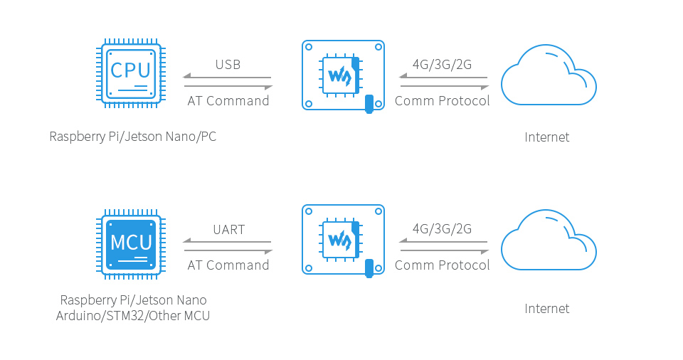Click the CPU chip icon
point(131,74)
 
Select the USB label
point(228,65)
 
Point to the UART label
point(228,230)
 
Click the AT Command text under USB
point(228,101)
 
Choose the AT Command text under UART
point(228,265)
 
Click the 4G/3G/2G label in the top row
point(442,65)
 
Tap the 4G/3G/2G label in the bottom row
point(442,229)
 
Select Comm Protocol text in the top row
point(442,101)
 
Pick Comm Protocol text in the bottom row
point(442,265)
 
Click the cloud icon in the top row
point(548,75)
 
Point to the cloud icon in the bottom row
point(548,240)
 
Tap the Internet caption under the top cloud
point(547,137)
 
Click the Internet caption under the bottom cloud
point(547,309)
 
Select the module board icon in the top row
point(343,75)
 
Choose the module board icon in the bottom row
point(343,240)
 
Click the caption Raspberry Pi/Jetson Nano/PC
point(132,137)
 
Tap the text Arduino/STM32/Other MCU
point(133,316)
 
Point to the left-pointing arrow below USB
point(227,77)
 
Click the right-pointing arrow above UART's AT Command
point(228,251)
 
